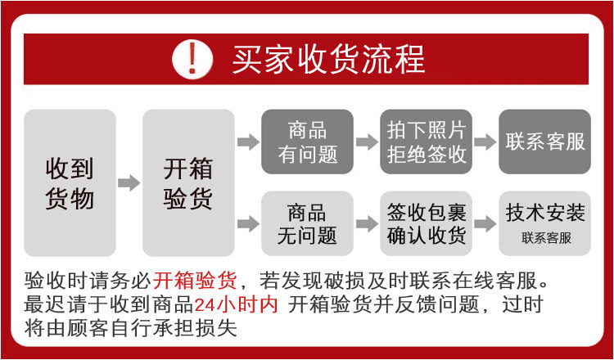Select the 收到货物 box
click(70, 183)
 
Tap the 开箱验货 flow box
click(188, 183)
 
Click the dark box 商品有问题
click(307, 142)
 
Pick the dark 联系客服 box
click(545, 142)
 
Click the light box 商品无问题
click(307, 223)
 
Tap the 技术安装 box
click(545, 214)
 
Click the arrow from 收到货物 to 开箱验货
click(129, 182)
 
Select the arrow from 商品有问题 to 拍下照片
click(366, 142)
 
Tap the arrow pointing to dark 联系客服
click(485, 142)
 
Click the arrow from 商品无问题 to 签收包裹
click(366, 223)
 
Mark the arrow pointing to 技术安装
click(485, 223)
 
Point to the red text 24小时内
click(237, 305)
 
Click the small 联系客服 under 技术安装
click(545, 238)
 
